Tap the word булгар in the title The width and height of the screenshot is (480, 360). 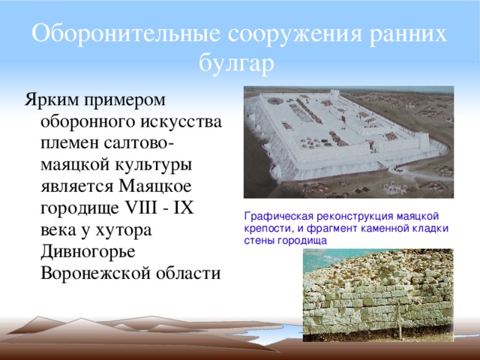238,63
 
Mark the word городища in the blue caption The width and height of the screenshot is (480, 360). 301,240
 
